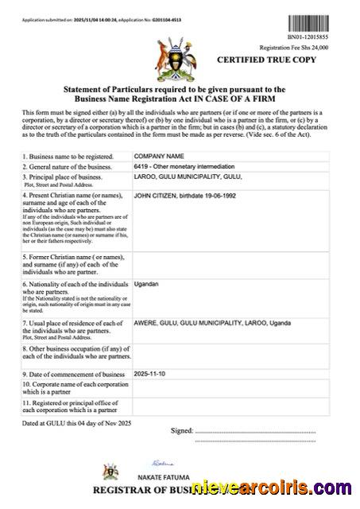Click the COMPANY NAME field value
[159, 156]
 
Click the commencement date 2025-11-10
[152, 373]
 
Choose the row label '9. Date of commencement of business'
[74, 374]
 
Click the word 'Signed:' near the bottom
[182, 431]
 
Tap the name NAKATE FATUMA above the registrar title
[170, 472]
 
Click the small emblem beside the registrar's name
[110, 472]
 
